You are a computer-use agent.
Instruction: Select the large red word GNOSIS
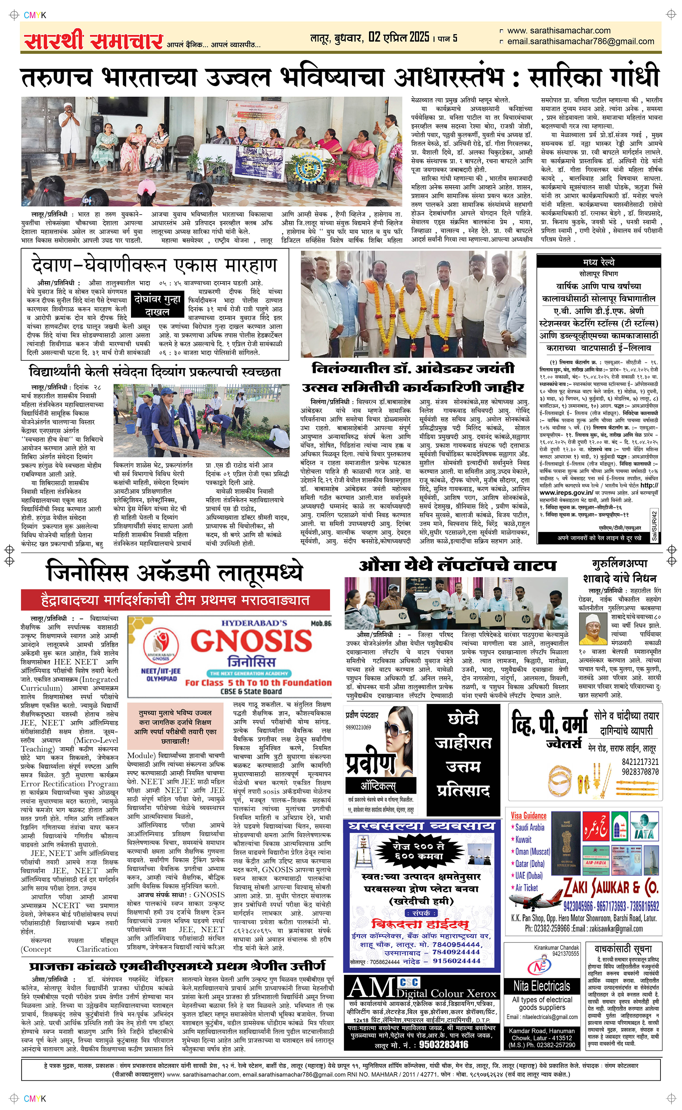[x=251, y=641]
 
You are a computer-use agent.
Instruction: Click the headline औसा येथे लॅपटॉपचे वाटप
[x=457, y=566]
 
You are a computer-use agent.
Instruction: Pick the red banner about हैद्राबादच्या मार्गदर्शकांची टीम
[x=175, y=600]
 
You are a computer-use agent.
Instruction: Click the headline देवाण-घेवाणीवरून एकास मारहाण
[x=154, y=265]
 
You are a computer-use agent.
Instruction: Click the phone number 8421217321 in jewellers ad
[x=640, y=762]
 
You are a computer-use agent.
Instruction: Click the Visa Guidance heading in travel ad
[x=528, y=816]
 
